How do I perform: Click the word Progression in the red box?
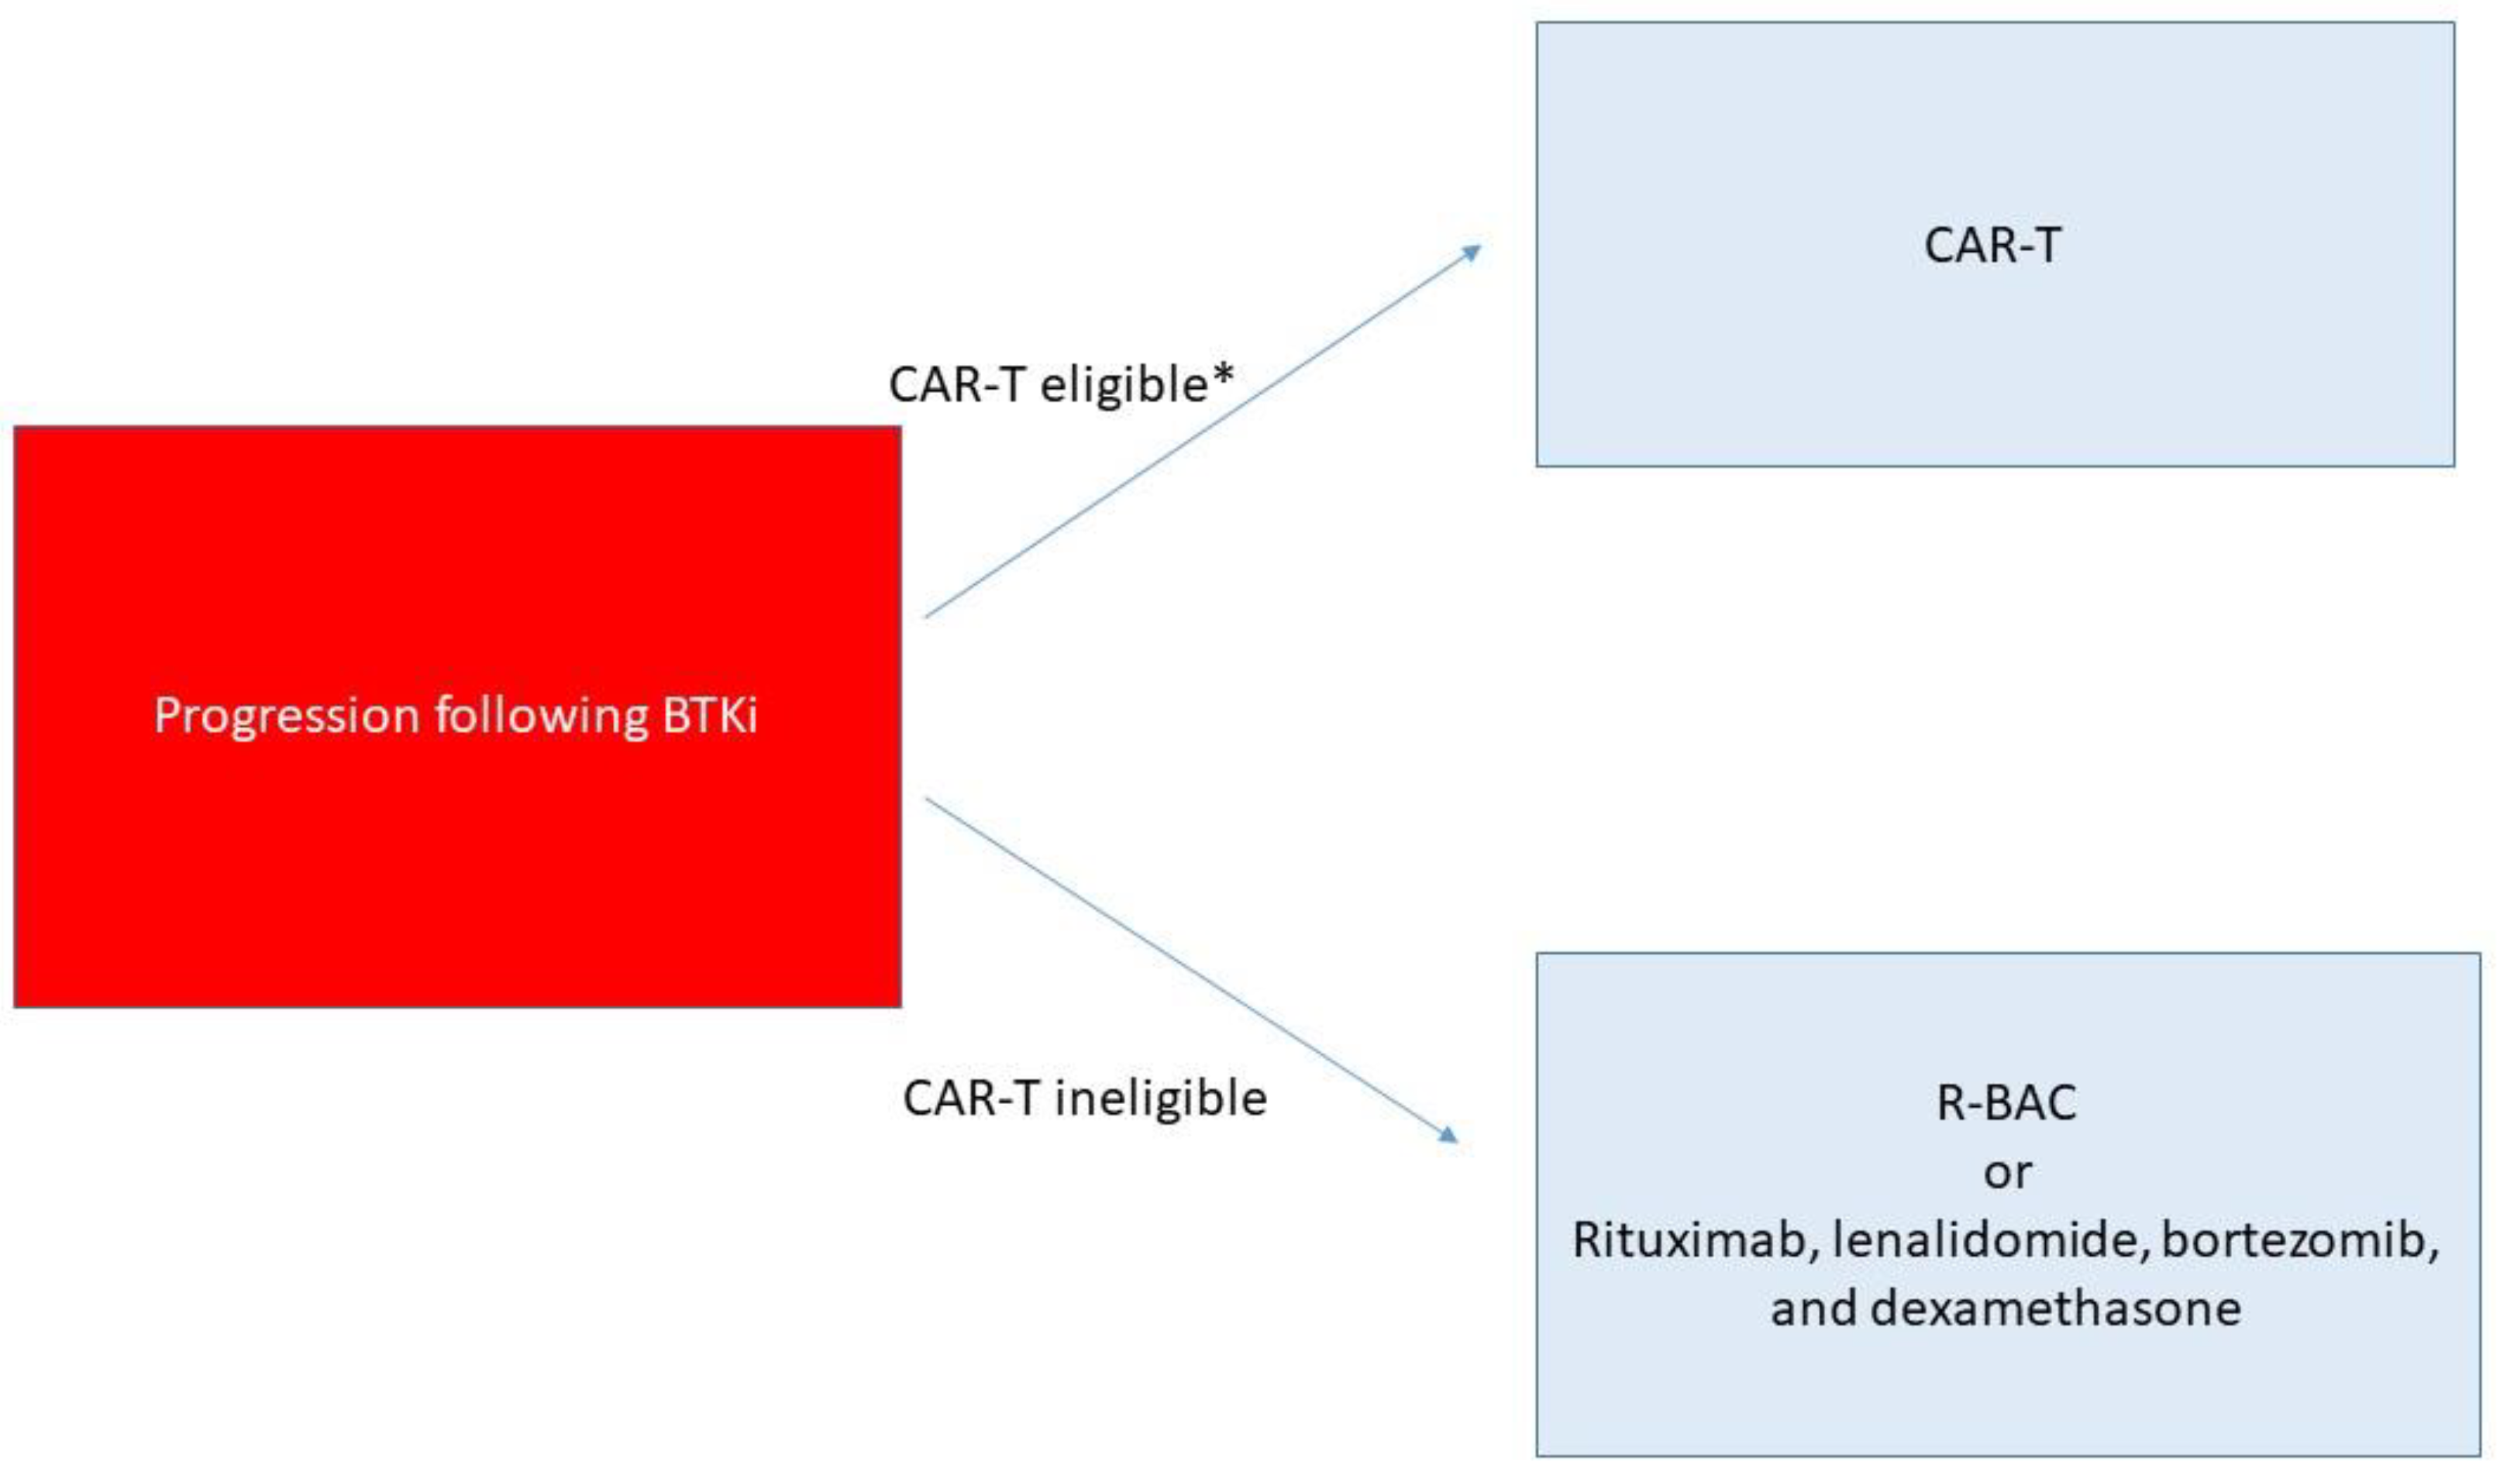click(x=287, y=716)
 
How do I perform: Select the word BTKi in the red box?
click(x=709, y=716)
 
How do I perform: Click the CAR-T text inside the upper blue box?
click(x=1992, y=246)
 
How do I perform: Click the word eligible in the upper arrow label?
click(x=1124, y=386)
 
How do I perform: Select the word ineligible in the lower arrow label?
click(x=1161, y=1099)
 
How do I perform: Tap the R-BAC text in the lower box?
click(x=2006, y=1103)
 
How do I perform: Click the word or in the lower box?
click(x=2006, y=1172)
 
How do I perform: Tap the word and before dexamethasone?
click(x=1812, y=1308)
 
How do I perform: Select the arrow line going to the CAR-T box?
click(x=1199, y=432)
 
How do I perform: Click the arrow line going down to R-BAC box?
click(x=1189, y=967)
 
